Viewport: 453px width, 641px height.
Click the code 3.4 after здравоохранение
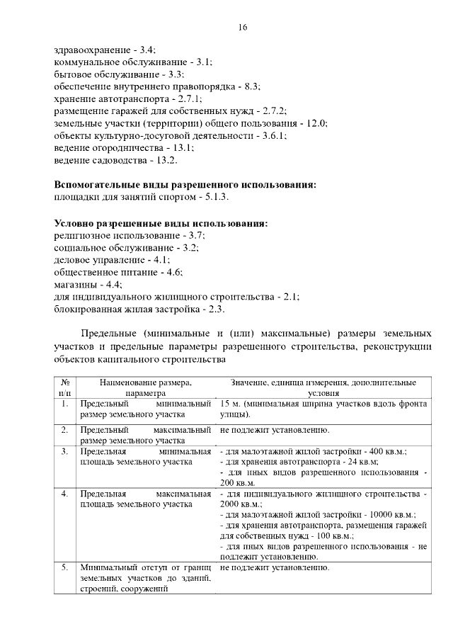pos(147,50)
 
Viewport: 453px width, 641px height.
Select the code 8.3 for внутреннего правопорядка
pos(251,86)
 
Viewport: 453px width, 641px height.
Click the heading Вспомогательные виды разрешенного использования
pos(185,185)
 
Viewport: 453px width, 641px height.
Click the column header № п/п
pos(64,387)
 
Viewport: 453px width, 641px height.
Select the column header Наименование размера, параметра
pos(146,387)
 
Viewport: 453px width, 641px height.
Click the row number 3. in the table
pos(64,451)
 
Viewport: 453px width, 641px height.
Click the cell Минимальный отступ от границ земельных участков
pos(146,579)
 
